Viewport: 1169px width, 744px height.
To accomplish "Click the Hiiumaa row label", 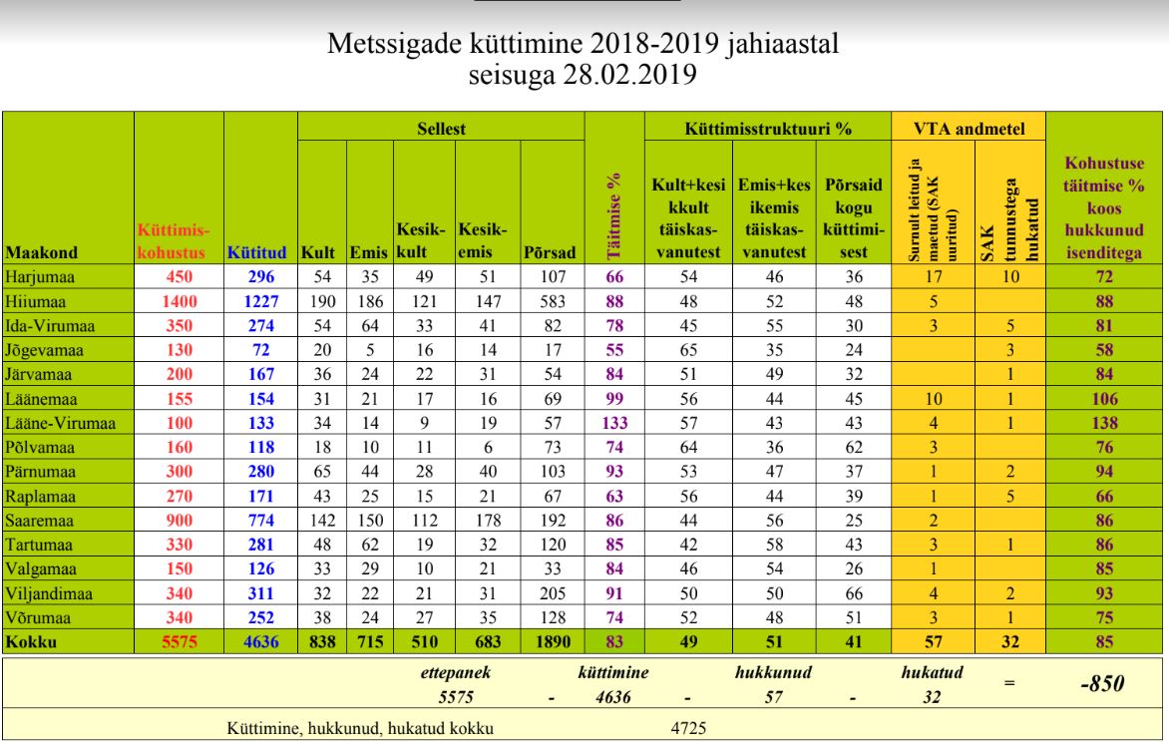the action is point(35,301).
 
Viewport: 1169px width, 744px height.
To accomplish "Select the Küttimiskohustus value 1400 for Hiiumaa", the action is point(179,301).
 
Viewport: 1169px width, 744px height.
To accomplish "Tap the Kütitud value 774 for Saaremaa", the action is point(261,521).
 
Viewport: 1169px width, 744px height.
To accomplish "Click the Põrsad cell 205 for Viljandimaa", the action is point(553,593).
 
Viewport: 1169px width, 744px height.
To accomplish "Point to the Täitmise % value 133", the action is point(614,423).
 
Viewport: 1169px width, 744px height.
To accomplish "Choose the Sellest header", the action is point(441,129).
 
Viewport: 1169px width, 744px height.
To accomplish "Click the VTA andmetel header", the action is point(970,129).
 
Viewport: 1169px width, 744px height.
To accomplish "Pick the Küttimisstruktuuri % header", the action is point(768,129).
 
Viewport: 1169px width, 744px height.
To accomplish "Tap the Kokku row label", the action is point(31,642).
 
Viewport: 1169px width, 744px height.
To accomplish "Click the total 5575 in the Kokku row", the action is point(179,642).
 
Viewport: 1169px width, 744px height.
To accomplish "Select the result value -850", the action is point(1102,683).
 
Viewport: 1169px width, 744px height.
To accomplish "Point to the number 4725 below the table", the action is point(688,728).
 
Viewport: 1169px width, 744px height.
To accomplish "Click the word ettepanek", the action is point(456,672).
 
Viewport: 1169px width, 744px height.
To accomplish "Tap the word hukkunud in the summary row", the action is point(773,672).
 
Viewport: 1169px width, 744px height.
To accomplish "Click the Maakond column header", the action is point(41,252).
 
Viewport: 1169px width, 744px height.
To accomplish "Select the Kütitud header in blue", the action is point(256,252).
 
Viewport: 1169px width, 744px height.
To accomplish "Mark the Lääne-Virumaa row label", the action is point(61,423).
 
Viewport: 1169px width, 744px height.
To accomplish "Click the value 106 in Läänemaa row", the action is point(1104,399).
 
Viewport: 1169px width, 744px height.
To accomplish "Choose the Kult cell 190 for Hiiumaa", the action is point(322,301).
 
